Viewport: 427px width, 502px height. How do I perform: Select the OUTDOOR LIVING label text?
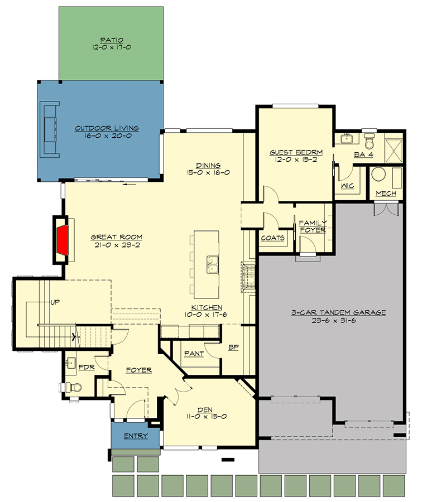point(107,128)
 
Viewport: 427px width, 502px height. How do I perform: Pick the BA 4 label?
point(363,155)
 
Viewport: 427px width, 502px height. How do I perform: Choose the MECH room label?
point(386,194)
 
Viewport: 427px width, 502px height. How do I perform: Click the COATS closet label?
point(273,238)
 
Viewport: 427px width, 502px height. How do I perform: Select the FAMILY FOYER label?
point(313,226)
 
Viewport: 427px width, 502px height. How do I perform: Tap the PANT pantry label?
point(193,354)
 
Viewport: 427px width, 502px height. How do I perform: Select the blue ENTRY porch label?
point(136,436)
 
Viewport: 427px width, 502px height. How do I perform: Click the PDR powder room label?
point(86,368)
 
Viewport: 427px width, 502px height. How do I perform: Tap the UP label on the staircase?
point(55,302)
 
